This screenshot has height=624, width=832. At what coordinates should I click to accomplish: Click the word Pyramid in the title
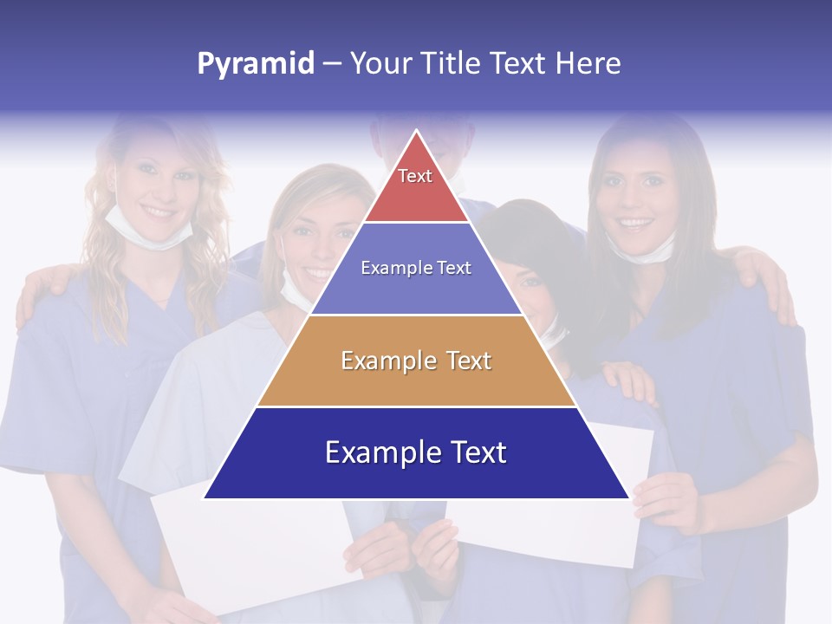click(x=256, y=64)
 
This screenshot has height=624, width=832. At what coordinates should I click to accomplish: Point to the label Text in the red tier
click(x=415, y=176)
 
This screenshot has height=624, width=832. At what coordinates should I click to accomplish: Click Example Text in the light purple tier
click(x=416, y=268)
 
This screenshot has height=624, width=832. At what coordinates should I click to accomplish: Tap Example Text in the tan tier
click(x=416, y=361)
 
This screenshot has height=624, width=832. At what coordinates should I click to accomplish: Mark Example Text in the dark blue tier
click(x=416, y=452)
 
